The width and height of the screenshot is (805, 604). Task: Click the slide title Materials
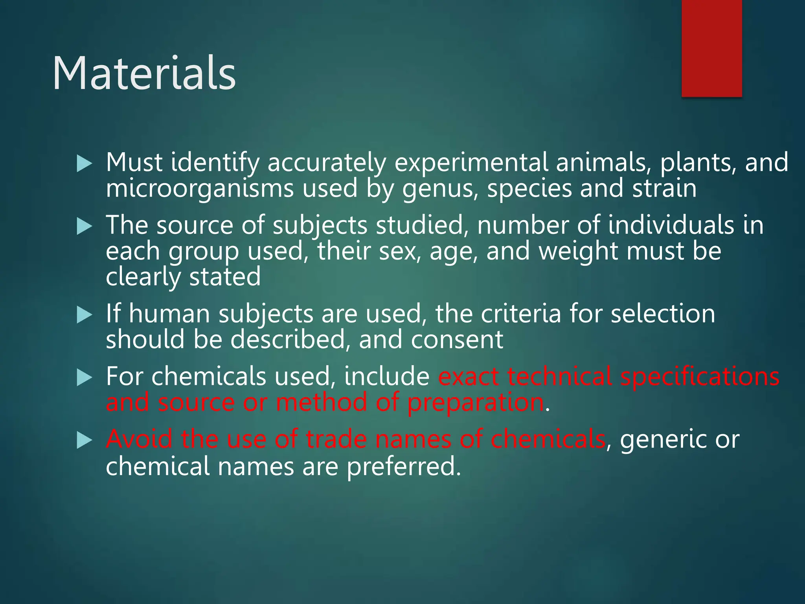point(144,74)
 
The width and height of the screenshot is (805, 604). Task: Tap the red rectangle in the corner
point(711,48)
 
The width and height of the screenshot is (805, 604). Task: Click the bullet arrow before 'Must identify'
point(84,163)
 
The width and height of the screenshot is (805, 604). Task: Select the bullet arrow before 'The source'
point(84,226)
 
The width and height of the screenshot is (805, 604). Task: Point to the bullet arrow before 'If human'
point(84,315)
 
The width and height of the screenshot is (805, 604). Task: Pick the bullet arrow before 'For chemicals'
point(84,378)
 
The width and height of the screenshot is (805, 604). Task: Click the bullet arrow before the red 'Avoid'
point(84,440)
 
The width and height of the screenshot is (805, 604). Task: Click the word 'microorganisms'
point(200,189)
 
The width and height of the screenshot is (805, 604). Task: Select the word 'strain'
point(664,189)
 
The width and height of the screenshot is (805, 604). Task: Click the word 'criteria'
point(521,314)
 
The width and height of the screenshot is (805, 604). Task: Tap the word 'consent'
point(457,340)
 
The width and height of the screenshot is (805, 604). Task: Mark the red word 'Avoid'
point(139,439)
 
